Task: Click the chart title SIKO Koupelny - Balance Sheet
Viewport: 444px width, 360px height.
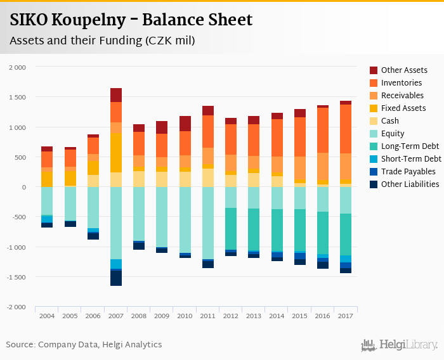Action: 131,20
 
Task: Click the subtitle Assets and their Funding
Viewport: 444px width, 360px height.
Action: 102,41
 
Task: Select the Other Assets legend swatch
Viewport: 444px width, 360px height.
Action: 374,70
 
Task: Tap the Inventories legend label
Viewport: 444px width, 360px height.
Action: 402,83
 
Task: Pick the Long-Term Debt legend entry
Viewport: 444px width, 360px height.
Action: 409,146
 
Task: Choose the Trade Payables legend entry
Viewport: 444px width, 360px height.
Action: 408,172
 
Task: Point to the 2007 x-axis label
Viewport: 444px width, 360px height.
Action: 115,316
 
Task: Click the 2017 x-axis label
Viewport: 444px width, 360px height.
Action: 345,316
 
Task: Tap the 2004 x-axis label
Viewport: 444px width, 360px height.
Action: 47,316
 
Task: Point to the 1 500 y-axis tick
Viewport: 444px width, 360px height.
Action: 17,97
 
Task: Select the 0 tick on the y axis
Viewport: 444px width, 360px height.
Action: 24,188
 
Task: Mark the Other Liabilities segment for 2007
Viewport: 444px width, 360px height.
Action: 115,278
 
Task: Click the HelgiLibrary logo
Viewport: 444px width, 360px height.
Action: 399,345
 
